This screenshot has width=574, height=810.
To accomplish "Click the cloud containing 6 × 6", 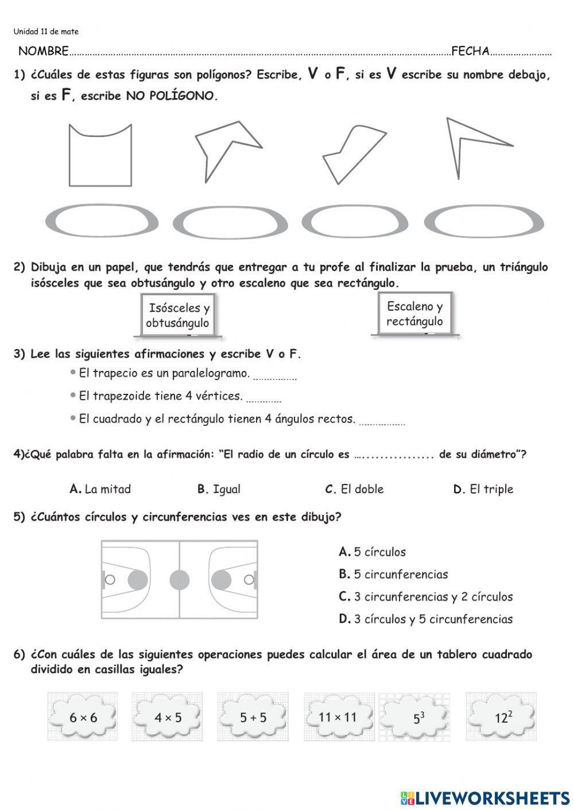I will pyautogui.click(x=83, y=717).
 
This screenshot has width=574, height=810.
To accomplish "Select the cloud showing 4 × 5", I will pyautogui.click(x=168, y=717).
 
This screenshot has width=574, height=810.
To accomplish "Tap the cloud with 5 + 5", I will pyautogui.click(x=253, y=717).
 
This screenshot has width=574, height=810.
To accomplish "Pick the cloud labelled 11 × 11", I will pyautogui.click(x=338, y=717).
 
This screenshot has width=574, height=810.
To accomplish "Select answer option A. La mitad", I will pyautogui.click(x=100, y=489).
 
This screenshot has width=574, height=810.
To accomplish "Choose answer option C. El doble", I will pyautogui.click(x=354, y=489).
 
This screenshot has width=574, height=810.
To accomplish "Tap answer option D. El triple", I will pyautogui.click(x=483, y=489).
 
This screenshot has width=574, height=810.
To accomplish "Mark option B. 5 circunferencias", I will pyautogui.click(x=393, y=574).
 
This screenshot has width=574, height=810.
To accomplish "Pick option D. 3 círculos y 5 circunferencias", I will pyautogui.click(x=425, y=619).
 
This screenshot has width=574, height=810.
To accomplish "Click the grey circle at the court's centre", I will pyautogui.click(x=179, y=580).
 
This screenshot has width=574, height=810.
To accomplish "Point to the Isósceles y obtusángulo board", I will pyautogui.click(x=177, y=315).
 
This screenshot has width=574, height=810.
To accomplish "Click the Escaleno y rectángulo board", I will pyautogui.click(x=414, y=314).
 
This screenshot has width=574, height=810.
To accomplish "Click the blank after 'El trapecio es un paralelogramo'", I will pyautogui.click(x=274, y=376).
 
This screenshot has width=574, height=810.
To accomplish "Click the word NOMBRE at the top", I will pyautogui.click(x=44, y=51).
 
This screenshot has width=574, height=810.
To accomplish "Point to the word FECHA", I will pyautogui.click(x=470, y=51).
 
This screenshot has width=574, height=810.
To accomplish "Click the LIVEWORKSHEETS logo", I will pyautogui.click(x=485, y=797).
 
